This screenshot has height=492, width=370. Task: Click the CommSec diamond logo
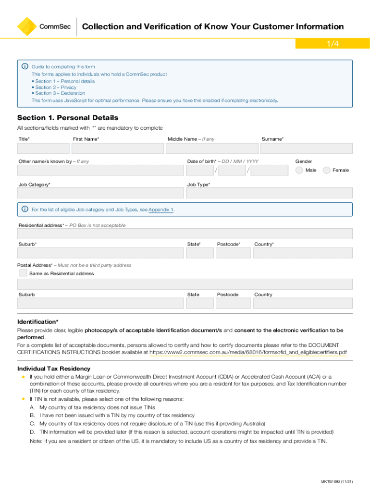[x=27, y=27]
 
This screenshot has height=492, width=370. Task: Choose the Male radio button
[x=299, y=170]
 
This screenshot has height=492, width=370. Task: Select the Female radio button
[x=327, y=170]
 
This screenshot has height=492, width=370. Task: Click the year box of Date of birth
[x=269, y=171]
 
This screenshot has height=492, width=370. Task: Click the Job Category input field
[x=100, y=193]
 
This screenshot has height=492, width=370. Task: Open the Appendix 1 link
[x=161, y=210]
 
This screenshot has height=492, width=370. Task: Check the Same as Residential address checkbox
[x=23, y=273]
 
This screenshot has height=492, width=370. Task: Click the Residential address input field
[x=185, y=234]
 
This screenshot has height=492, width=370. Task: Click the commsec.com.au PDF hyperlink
[x=248, y=352]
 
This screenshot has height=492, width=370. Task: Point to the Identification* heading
[x=38, y=321]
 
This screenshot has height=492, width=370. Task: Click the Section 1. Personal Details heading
[x=67, y=118]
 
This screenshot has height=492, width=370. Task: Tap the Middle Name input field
[x=211, y=148]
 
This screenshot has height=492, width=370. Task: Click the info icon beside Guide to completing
[x=25, y=65]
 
